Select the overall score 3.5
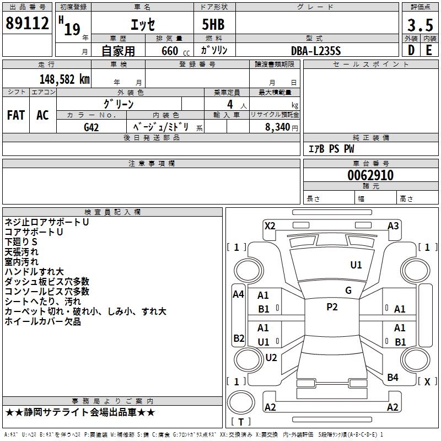click(420, 25)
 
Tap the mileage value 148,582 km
click(64, 79)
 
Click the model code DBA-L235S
click(316, 51)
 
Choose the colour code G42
click(92, 127)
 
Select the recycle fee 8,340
click(274, 127)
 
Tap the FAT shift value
click(16, 115)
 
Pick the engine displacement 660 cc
click(169, 51)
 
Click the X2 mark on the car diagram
click(270, 225)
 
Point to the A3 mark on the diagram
click(393, 225)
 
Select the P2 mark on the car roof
click(332, 307)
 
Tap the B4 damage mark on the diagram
click(392, 377)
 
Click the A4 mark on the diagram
click(238, 294)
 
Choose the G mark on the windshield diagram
click(348, 290)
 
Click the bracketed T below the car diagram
click(241, 422)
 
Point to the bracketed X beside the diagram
click(427, 381)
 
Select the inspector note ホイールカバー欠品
click(43, 321)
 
